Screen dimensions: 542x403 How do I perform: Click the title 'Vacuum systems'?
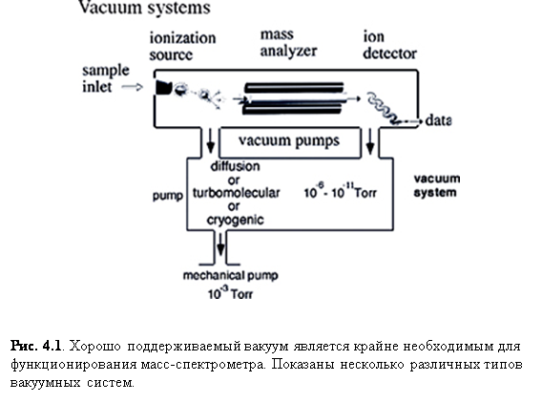(144, 8)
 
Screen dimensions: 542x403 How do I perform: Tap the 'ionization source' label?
(182, 47)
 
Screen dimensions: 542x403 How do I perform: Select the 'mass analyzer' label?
(288, 43)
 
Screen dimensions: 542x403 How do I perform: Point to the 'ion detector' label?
(390, 45)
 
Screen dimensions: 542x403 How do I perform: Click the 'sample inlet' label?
(106, 78)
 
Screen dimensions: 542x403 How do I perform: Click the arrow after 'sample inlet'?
(133, 87)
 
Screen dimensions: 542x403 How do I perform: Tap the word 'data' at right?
(438, 120)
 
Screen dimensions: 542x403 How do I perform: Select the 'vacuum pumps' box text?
(289, 140)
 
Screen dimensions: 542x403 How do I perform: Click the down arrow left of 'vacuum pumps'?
(210, 141)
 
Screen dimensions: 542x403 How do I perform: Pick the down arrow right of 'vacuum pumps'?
(370, 141)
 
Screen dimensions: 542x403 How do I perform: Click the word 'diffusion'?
(235, 166)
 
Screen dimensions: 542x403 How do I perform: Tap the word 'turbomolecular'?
(236, 193)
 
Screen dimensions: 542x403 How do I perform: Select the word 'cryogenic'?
(235, 220)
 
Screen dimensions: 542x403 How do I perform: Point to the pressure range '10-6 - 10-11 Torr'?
(340, 191)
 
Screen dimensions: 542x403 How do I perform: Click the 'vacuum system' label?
(437, 186)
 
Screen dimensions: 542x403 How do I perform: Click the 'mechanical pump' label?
(231, 276)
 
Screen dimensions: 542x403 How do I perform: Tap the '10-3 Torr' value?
(230, 292)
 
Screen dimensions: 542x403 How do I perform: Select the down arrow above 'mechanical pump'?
(220, 244)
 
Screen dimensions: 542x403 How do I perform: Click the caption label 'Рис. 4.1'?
(36, 346)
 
